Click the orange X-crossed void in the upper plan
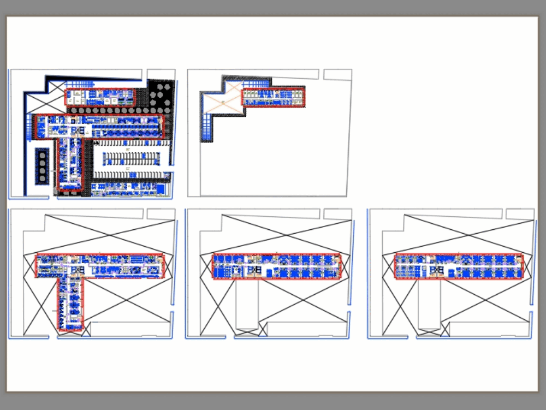(x=222, y=101)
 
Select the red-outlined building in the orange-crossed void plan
(x=273, y=97)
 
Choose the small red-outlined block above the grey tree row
(x=99, y=97)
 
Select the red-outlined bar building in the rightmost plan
(x=459, y=266)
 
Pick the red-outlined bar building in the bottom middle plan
(x=276, y=266)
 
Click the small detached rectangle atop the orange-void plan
(x=337, y=75)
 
